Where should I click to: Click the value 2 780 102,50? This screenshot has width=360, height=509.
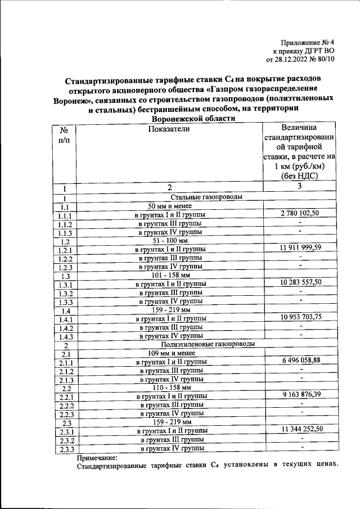coord(300,213)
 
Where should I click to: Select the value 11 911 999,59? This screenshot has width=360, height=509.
coord(300,247)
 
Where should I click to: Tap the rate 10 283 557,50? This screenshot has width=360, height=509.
coord(300,282)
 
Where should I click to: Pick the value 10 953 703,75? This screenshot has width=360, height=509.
coord(300,317)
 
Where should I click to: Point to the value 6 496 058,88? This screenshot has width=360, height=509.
coord(300,360)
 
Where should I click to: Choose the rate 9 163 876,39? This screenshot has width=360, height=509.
coord(300,395)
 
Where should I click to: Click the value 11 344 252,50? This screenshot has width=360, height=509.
coord(300,430)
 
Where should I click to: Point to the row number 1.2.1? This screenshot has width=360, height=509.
coord(65,250)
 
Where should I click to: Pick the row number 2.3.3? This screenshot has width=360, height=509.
coord(65,449)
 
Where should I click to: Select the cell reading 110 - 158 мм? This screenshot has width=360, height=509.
coord(172,388)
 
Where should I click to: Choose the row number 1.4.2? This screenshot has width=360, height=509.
coord(65,328)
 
